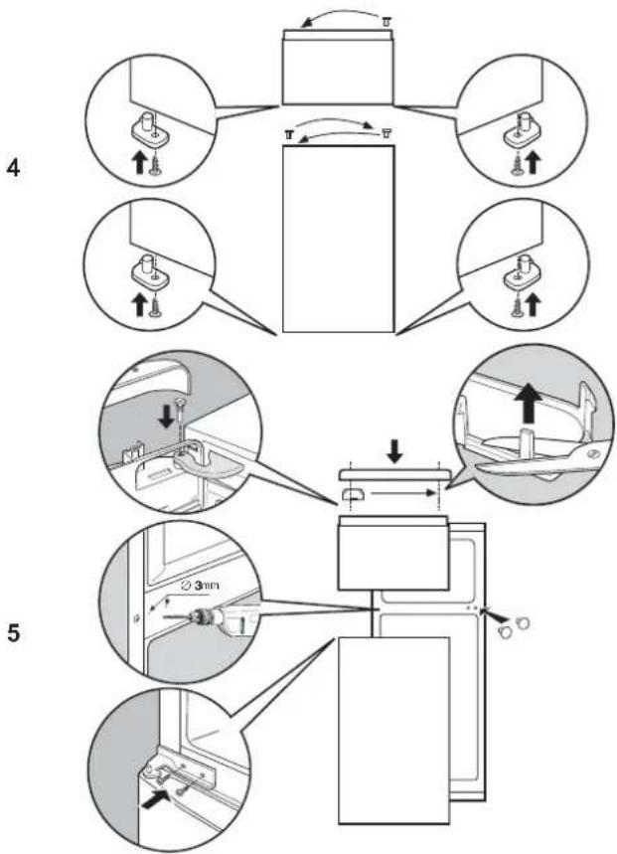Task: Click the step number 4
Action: [x=13, y=168]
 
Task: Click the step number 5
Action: [x=13, y=633]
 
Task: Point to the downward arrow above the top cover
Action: [x=395, y=452]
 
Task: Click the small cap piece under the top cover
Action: [x=353, y=493]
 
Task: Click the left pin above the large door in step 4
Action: [x=289, y=133]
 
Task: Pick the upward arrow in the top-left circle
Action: [x=140, y=162]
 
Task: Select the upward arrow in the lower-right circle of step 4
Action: [x=533, y=305]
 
